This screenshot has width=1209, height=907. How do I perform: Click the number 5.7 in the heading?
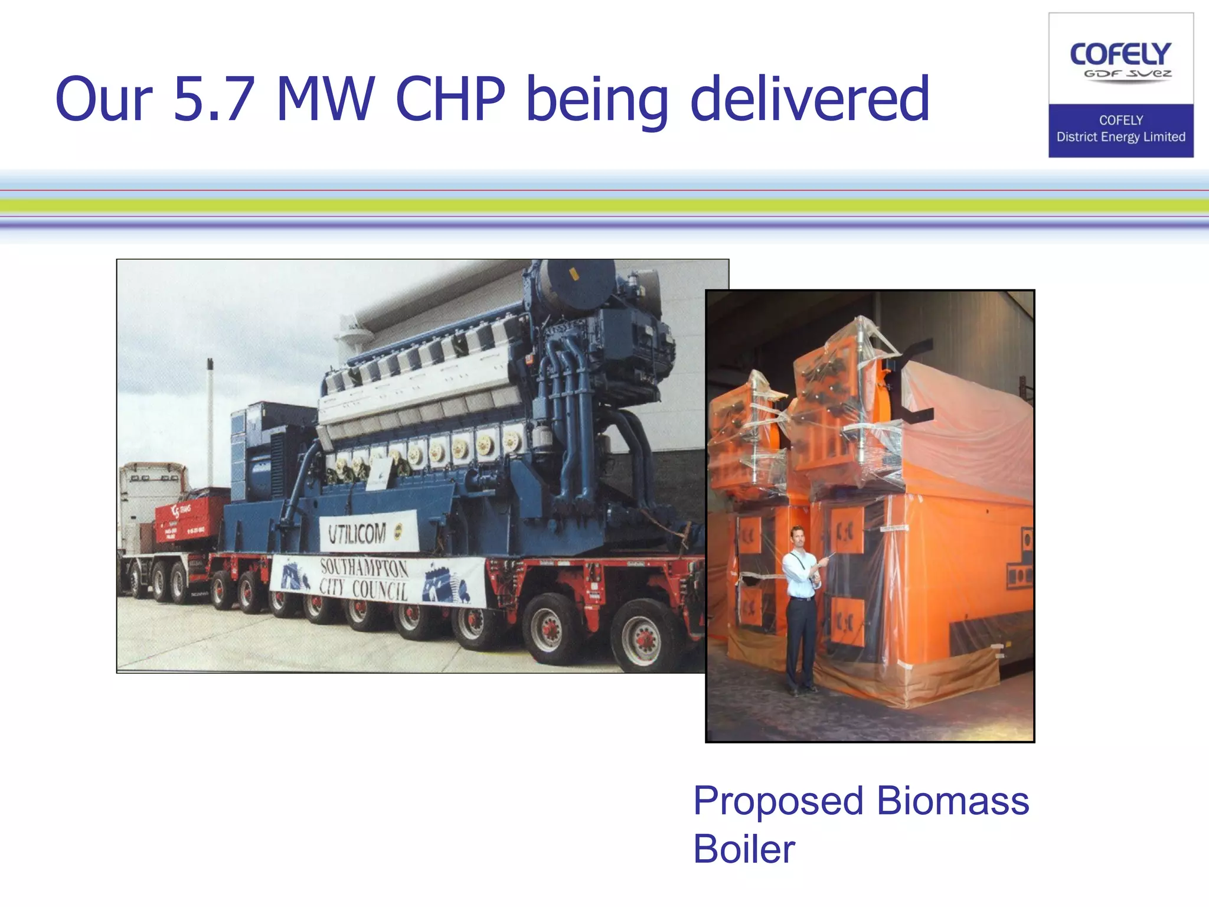pyautogui.click(x=214, y=99)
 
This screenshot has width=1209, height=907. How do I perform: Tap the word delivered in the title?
pyautogui.click(x=810, y=99)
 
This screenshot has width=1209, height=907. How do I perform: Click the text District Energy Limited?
pyautogui.click(x=1120, y=137)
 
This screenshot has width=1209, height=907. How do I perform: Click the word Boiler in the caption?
pyautogui.click(x=744, y=849)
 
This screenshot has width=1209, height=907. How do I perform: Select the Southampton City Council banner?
pyautogui.click(x=378, y=579)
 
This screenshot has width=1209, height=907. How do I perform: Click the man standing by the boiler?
pyautogui.click(x=801, y=608)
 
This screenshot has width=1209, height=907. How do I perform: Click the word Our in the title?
pyautogui.click(x=104, y=99)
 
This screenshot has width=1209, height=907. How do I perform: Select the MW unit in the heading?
pyautogui.click(x=325, y=99)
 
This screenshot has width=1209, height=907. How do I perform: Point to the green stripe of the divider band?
pyautogui.click(x=604, y=205)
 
